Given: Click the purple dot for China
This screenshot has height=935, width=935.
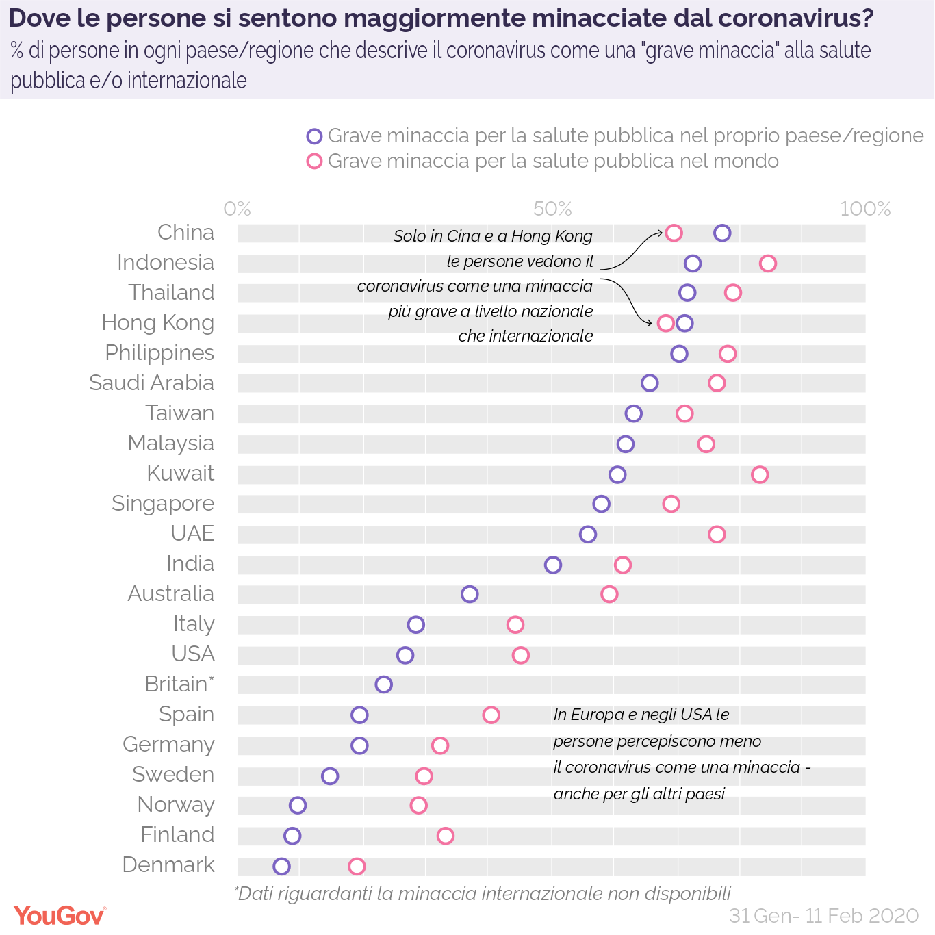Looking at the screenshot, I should [x=722, y=233].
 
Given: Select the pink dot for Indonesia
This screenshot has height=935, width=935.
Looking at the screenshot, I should [x=768, y=264].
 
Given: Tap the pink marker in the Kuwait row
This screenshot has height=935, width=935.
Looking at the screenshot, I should [x=760, y=474].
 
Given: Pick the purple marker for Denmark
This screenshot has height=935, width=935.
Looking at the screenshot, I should [x=281, y=867].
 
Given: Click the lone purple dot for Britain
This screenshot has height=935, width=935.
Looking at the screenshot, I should [x=383, y=684].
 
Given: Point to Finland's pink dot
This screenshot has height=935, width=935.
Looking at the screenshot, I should [x=446, y=836].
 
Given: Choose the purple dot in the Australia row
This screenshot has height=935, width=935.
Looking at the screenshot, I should [x=470, y=594].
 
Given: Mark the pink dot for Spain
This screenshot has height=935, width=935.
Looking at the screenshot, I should [x=491, y=715].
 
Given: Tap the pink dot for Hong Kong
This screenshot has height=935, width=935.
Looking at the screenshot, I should [x=665, y=323].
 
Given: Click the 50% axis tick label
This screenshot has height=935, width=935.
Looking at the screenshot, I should [x=552, y=209].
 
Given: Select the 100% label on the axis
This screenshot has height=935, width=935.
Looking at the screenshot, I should [x=865, y=209].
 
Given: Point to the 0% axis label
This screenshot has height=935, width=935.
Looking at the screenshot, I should [x=238, y=209].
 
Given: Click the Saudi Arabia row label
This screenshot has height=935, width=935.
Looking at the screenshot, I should [x=151, y=383].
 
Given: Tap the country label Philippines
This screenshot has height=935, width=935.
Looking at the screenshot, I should [x=159, y=353].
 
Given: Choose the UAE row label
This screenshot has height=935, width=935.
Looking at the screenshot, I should [x=192, y=533].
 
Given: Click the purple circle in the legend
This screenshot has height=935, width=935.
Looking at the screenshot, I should [x=314, y=136].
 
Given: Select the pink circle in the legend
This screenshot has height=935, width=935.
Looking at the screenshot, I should [x=314, y=162].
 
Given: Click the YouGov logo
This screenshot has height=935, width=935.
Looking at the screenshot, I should [x=60, y=915].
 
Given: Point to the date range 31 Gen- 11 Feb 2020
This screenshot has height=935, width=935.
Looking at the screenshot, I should [x=823, y=916].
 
